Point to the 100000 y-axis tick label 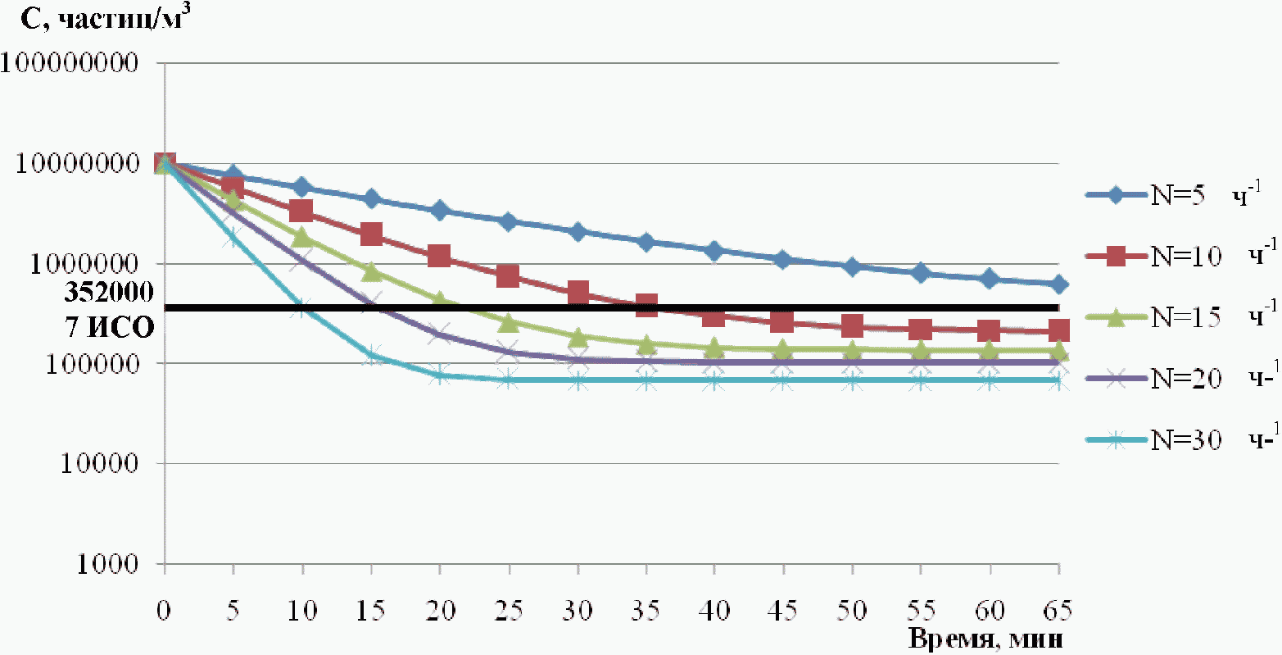coord(93,364)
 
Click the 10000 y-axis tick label coord(100,464)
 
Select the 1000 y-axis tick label coord(107,564)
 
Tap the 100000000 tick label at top coord(70,62)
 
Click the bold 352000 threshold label coord(109,292)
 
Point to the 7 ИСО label coord(109,328)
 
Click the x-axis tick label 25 coord(509,611)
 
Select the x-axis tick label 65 coord(1057,611)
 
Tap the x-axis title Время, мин coord(985,639)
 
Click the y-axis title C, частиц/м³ coord(106,18)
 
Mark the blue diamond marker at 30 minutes coord(578,233)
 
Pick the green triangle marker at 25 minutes coord(509,323)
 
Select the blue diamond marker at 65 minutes coord(1059,284)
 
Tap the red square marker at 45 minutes coord(781,322)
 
